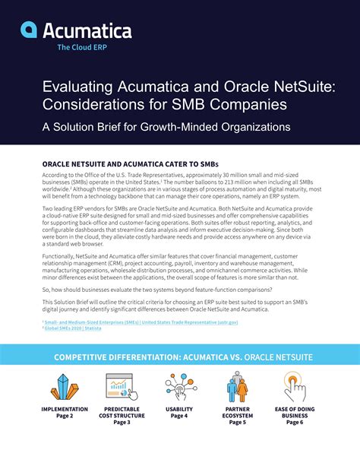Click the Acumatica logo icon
pos(30,30)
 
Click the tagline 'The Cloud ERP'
pos(83,46)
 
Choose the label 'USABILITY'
pos(179,409)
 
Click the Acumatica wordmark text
pos(88,30)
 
